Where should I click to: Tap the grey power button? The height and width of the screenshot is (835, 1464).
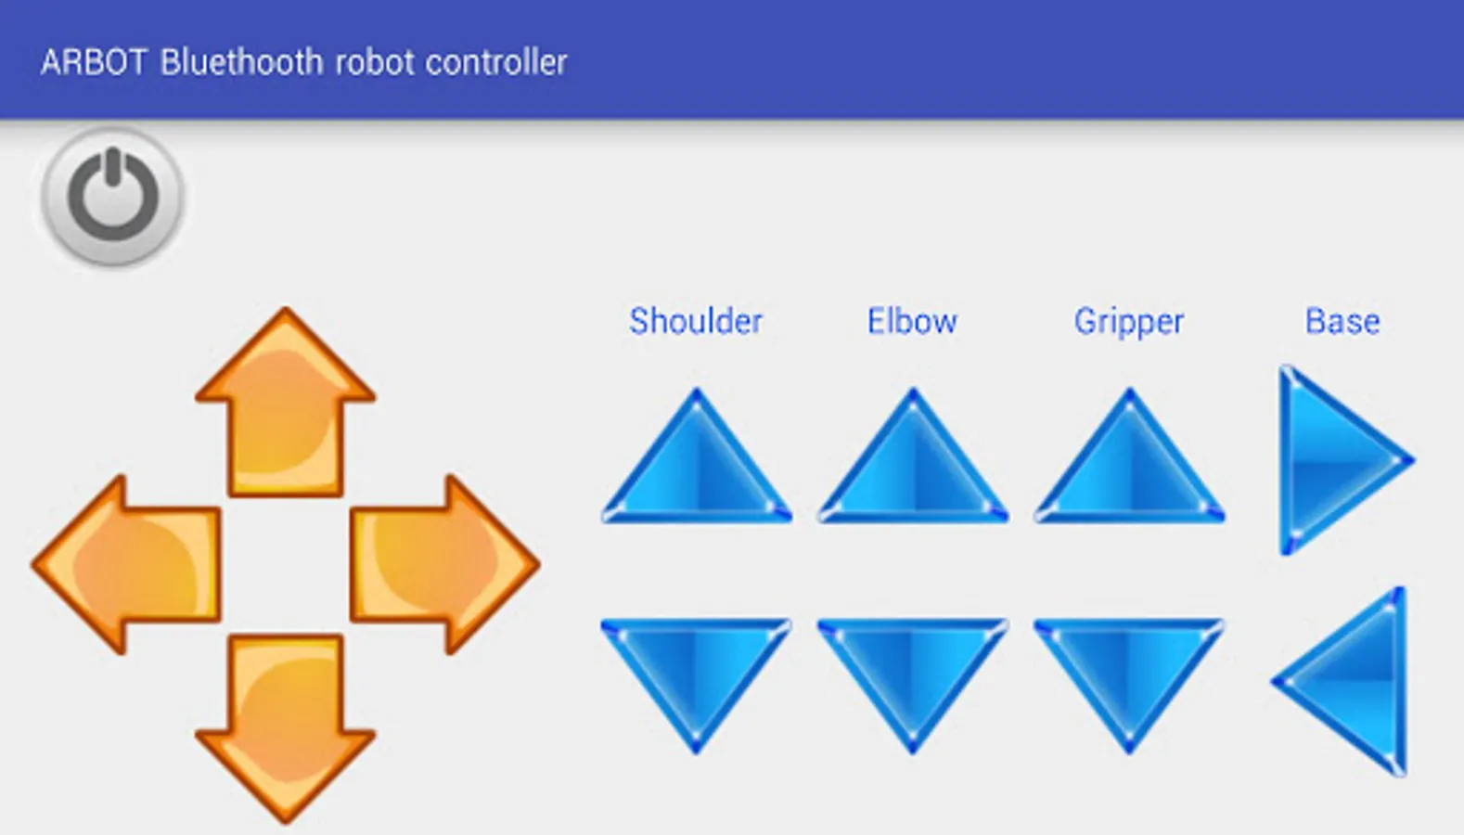click(112, 197)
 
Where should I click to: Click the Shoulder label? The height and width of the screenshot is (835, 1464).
click(696, 321)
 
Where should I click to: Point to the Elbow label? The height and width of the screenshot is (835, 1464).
click(912, 321)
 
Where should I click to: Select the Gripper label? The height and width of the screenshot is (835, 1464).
click(1129, 321)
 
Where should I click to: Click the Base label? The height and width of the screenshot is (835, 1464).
click(1342, 321)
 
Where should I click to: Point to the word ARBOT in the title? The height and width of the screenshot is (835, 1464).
click(94, 62)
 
